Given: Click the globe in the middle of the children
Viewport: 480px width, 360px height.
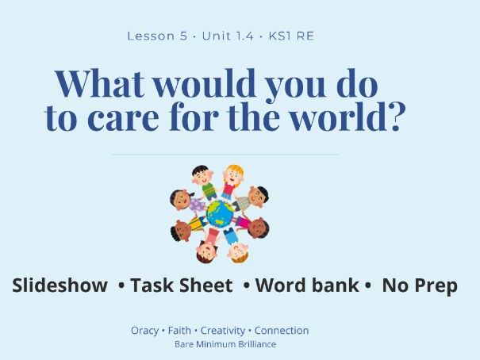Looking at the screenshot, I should coord(220,213).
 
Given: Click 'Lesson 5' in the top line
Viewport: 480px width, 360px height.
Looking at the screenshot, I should coord(157,36).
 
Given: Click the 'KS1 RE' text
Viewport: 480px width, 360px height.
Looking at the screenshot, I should coord(291,36).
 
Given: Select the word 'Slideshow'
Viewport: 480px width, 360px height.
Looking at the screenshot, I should coord(60,285).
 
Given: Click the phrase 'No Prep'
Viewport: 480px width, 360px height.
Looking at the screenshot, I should coord(420,285).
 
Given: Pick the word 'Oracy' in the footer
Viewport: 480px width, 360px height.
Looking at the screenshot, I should coord(144,331).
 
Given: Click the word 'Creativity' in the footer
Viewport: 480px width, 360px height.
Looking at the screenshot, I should coord(222,331).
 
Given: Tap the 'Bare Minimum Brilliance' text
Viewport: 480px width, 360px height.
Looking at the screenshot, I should coord(225,345).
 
